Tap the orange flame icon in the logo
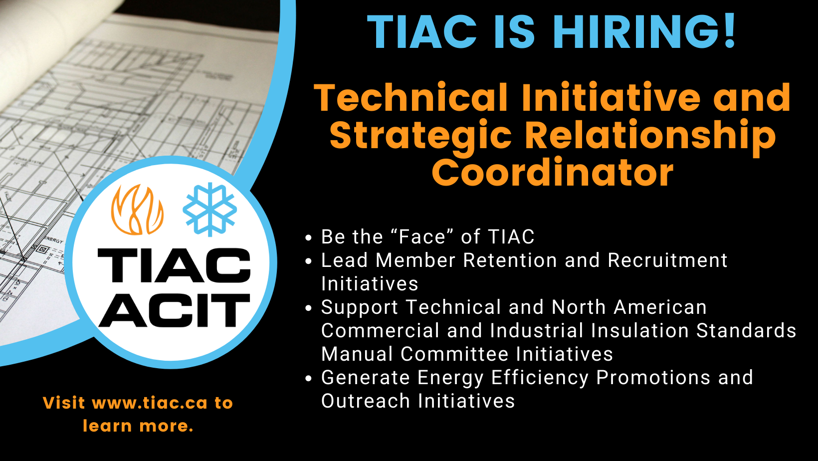click(x=137, y=210)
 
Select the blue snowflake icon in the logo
click(x=209, y=210)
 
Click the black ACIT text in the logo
click(x=174, y=310)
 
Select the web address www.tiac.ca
click(x=150, y=403)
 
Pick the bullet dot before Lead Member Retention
click(x=309, y=261)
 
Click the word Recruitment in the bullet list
click(x=667, y=260)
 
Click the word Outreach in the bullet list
click(x=366, y=401)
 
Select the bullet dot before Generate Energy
click(x=309, y=379)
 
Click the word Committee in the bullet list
click(x=455, y=354)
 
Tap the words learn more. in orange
click(x=138, y=426)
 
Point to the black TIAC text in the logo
click(x=174, y=265)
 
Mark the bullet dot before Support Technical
click(x=309, y=308)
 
